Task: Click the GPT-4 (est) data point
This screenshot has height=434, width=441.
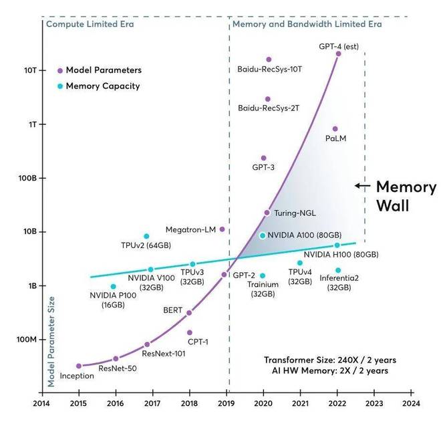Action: point(338,53)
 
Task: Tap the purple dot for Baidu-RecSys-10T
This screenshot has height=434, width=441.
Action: point(269,60)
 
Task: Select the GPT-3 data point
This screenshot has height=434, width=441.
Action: point(263,158)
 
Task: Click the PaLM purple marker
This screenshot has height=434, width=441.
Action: point(335,129)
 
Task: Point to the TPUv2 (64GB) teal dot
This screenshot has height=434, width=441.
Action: point(146,236)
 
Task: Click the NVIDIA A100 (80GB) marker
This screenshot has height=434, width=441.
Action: point(263,235)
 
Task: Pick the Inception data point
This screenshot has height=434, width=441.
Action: point(79,366)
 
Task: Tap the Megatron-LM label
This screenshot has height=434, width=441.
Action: point(190,229)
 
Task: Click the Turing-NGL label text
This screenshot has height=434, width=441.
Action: point(295,213)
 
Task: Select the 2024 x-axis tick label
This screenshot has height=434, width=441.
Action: point(411,403)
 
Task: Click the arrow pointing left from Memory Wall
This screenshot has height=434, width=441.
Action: point(361,186)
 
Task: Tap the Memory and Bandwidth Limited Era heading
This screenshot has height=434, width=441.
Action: point(306,24)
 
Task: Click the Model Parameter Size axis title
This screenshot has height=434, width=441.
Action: point(51,341)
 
